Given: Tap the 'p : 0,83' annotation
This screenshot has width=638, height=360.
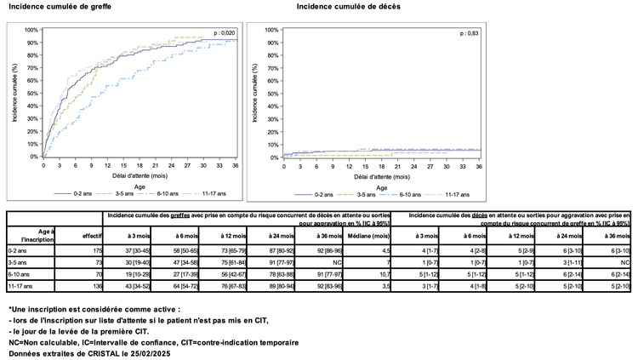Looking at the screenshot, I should [x=469, y=32].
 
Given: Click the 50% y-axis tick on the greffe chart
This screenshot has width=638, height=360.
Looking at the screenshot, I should [x=33, y=93].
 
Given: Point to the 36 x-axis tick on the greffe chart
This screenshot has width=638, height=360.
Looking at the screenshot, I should [x=236, y=165].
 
